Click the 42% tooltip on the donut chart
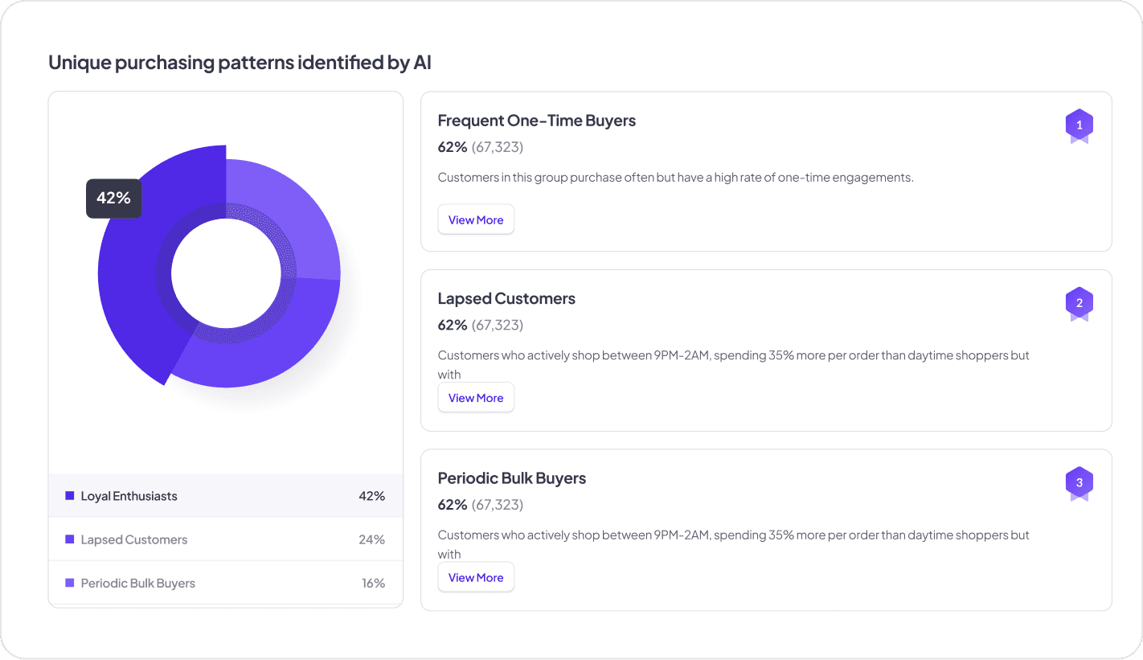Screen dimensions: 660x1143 coord(113,198)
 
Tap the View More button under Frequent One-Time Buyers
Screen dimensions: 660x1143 coord(476,220)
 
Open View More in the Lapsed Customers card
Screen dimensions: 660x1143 coord(476,398)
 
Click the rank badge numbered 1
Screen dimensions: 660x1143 coord(1079,125)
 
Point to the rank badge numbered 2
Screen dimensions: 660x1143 coord(1079,304)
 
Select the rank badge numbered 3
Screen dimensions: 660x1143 coord(1079,483)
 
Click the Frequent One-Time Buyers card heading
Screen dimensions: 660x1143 coord(536,121)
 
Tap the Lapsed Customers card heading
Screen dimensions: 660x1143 coord(506,299)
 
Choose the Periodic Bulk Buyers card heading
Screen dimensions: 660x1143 coord(511,478)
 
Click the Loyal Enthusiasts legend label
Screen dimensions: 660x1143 coord(129,496)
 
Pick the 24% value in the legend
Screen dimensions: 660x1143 coord(371,539)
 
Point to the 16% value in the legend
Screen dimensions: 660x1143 coord(373,583)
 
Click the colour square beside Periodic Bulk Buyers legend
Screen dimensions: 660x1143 coord(70,583)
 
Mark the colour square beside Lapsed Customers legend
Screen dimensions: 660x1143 coord(70,539)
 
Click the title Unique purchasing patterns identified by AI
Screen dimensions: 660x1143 coord(240,63)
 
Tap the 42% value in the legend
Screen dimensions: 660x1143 coord(371,496)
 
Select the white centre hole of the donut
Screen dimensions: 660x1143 coord(226,273)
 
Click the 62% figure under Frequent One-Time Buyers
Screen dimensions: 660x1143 coord(452,147)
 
